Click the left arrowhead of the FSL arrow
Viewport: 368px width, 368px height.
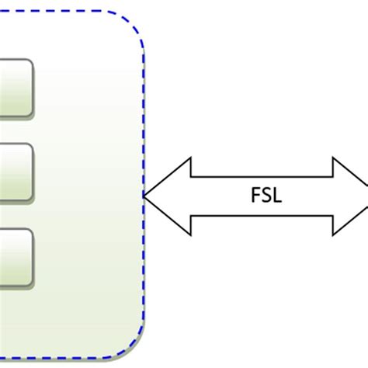coord(167,196)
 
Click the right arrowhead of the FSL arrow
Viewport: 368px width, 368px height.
coord(351,196)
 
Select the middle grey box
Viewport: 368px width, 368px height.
coord(16,171)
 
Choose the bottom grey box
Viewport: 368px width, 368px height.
coord(16,255)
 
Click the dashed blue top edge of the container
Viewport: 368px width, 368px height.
coord(62,12)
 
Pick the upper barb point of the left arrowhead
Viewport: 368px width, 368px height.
coord(189,158)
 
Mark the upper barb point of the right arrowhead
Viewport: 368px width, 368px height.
coord(334,158)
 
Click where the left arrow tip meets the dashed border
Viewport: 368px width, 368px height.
coord(145,196)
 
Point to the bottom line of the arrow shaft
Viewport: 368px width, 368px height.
coord(262,215)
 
